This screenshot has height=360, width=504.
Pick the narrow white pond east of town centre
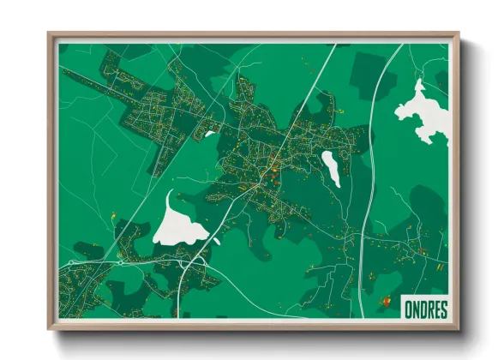point(331,167)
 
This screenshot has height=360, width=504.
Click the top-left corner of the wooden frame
point(49,34)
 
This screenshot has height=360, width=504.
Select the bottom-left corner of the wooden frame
point(49,329)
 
